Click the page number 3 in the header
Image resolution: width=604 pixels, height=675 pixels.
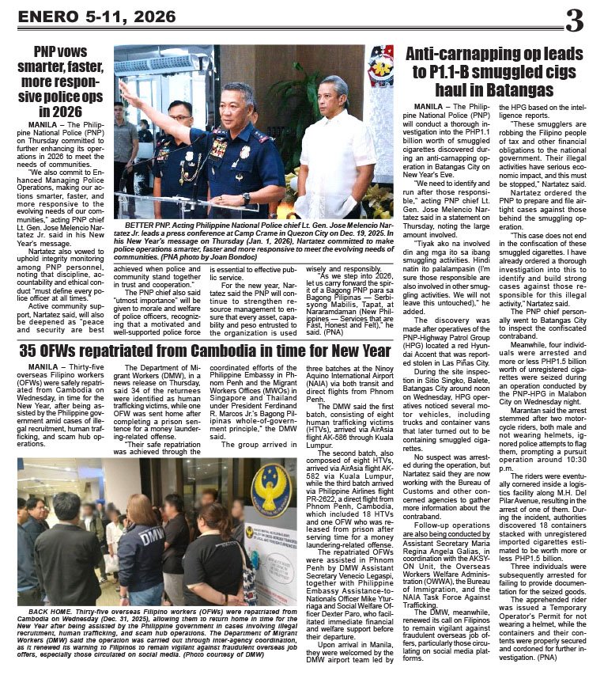click(574, 21)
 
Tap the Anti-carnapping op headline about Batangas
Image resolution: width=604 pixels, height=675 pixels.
click(494, 72)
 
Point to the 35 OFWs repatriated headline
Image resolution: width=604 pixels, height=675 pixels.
click(205, 349)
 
